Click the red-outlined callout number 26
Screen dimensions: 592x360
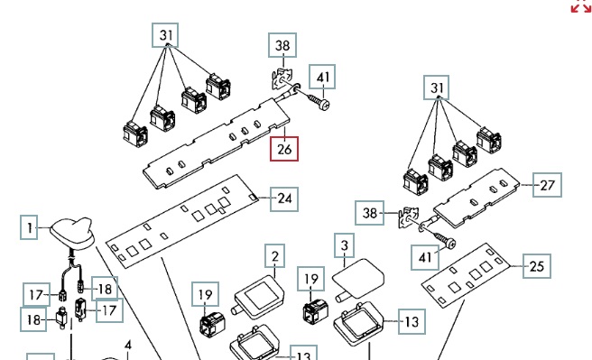[x=284, y=149]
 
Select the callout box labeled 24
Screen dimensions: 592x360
[x=284, y=198]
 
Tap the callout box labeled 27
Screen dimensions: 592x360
[x=547, y=185]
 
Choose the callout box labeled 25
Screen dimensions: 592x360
[x=536, y=266]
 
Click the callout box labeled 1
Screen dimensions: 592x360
[x=29, y=227]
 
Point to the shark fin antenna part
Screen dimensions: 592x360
[x=73, y=233]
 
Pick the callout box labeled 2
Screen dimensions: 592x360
[x=275, y=256]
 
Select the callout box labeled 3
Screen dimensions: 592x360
[x=345, y=245]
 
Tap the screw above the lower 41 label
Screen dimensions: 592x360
[x=445, y=240]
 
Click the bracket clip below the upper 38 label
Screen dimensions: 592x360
[x=282, y=79]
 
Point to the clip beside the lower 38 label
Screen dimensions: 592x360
[x=409, y=217]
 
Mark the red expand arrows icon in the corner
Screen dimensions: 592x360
[x=580, y=5]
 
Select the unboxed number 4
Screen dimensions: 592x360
[x=128, y=346]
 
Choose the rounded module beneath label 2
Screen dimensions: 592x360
[x=259, y=297]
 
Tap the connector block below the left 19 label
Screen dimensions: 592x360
[x=213, y=325]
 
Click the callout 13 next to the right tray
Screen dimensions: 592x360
[x=412, y=322]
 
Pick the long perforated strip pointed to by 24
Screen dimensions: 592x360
[x=182, y=221]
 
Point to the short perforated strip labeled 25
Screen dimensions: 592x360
[x=466, y=275]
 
